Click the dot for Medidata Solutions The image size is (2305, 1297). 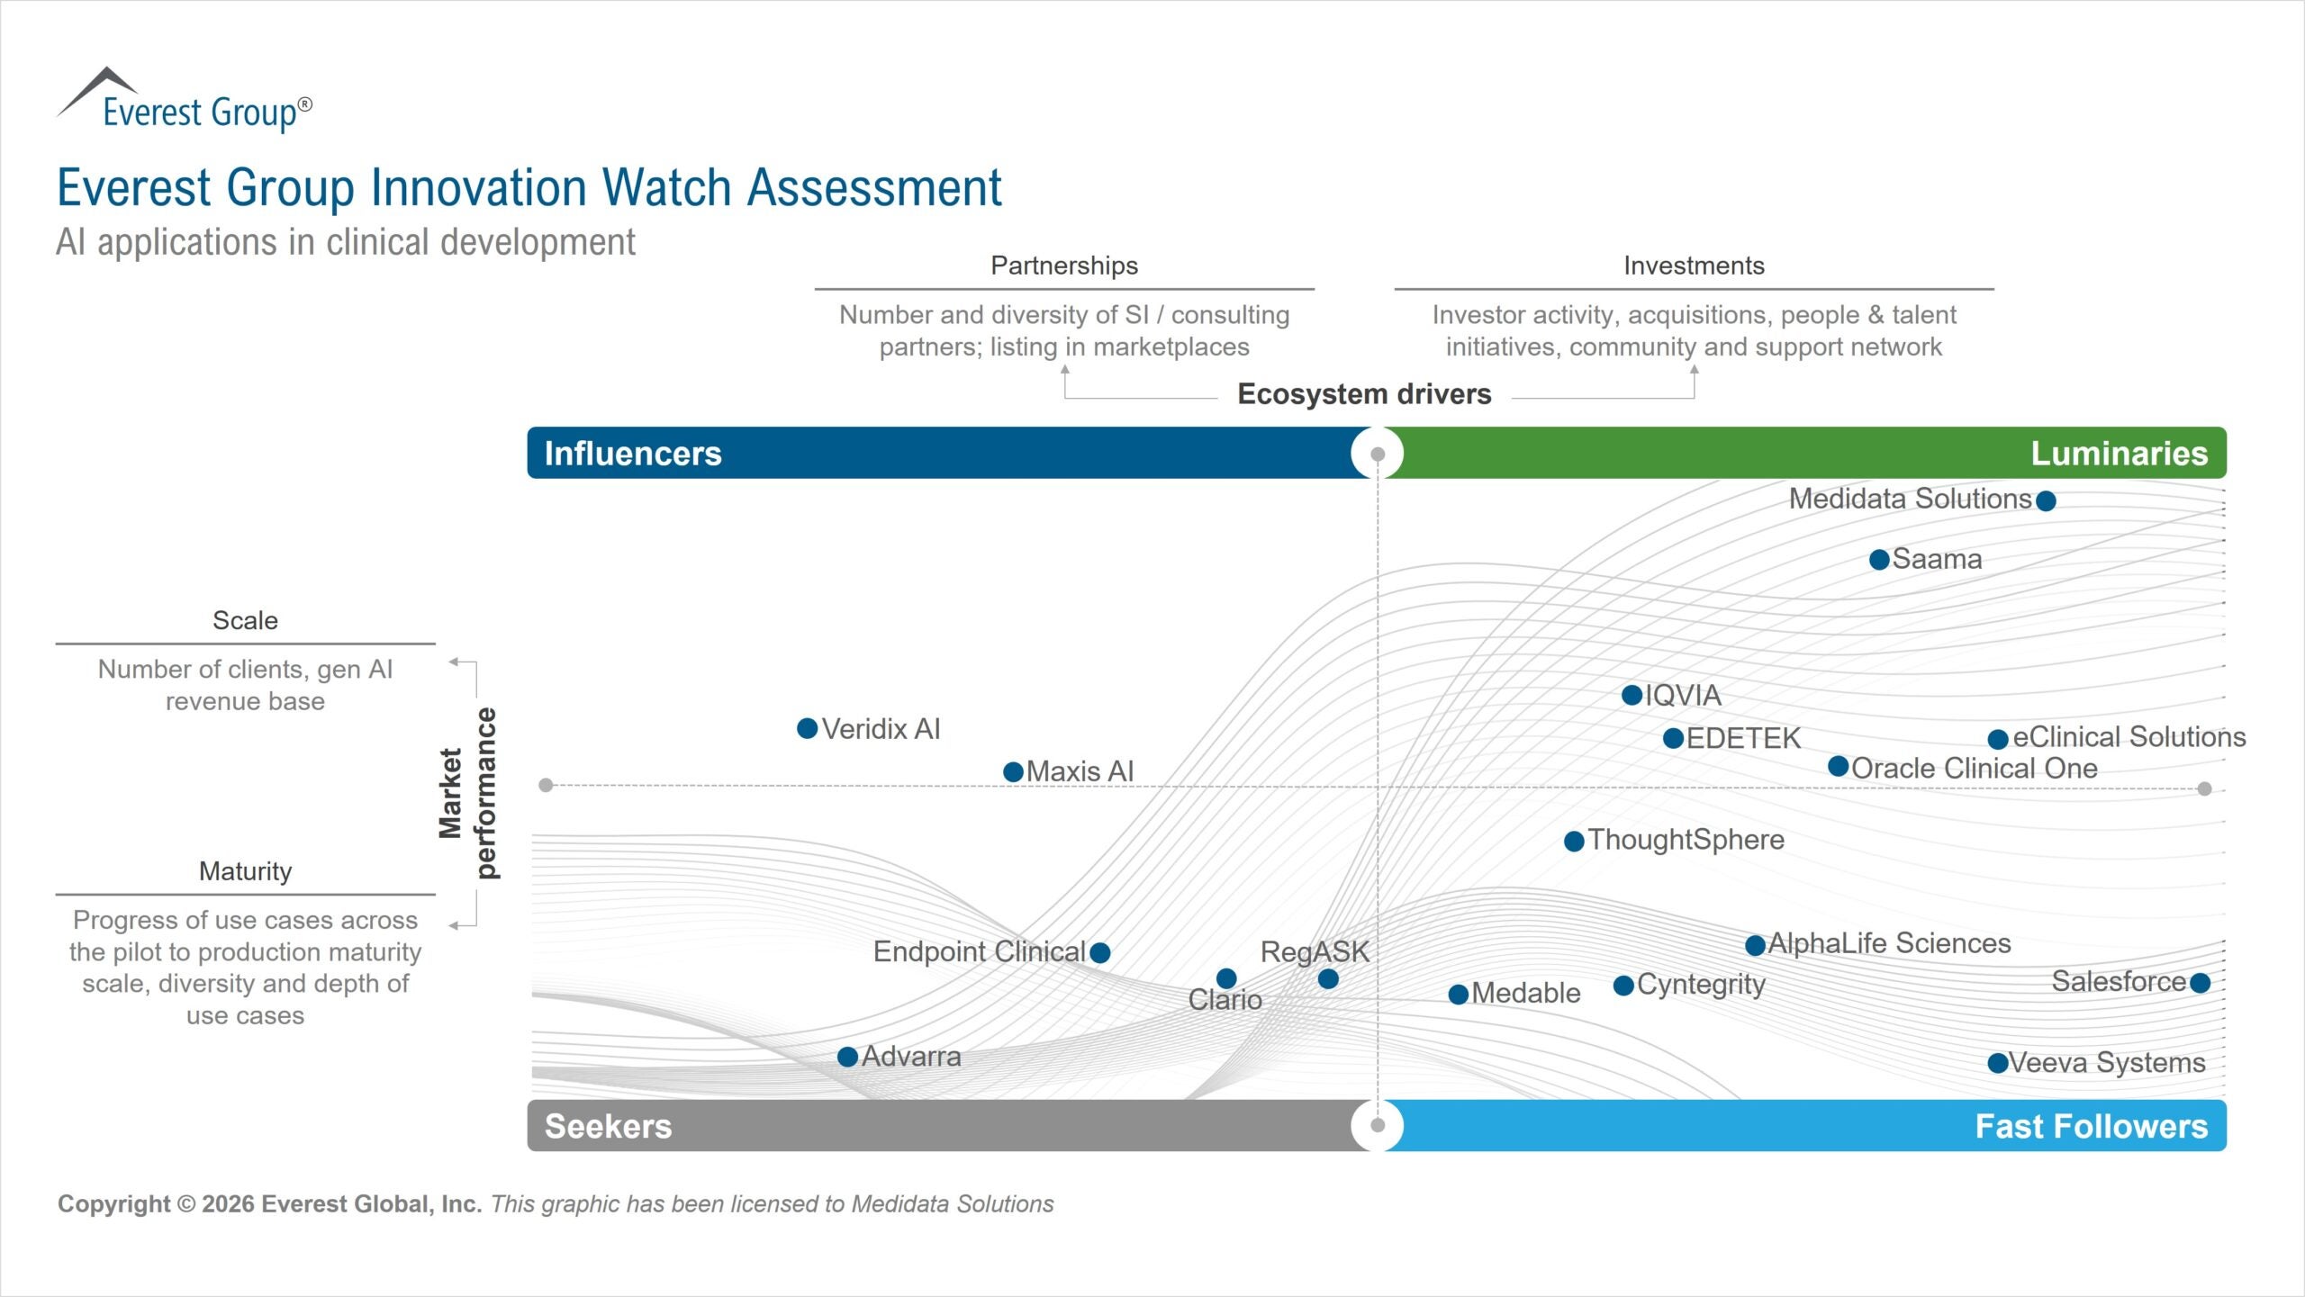click(x=2046, y=500)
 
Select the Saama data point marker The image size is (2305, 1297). click(x=1879, y=560)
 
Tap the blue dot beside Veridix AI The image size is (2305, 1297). click(x=808, y=728)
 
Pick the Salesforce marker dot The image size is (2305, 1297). click(x=2200, y=983)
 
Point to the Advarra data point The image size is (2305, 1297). click(x=847, y=1057)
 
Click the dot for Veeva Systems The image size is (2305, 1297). click(x=1998, y=1063)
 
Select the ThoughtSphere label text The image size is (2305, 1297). click(x=1686, y=840)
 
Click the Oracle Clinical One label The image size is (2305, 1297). click(x=1974, y=769)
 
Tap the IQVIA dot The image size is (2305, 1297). click(x=1632, y=695)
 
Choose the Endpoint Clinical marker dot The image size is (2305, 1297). click(x=1099, y=952)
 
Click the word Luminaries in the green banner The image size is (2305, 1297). click(x=2119, y=454)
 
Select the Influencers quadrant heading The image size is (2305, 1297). click(x=633, y=454)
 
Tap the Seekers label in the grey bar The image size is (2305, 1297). click(x=608, y=1126)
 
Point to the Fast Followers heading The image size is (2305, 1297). click(x=2091, y=1126)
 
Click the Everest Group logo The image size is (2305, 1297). click(x=185, y=102)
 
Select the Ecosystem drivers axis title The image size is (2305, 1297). click(x=1364, y=394)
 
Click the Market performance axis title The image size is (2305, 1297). click(x=467, y=793)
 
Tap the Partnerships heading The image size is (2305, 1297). click(x=1064, y=266)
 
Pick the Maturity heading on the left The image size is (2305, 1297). click(x=245, y=871)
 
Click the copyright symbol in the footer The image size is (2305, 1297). click(x=185, y=1204)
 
